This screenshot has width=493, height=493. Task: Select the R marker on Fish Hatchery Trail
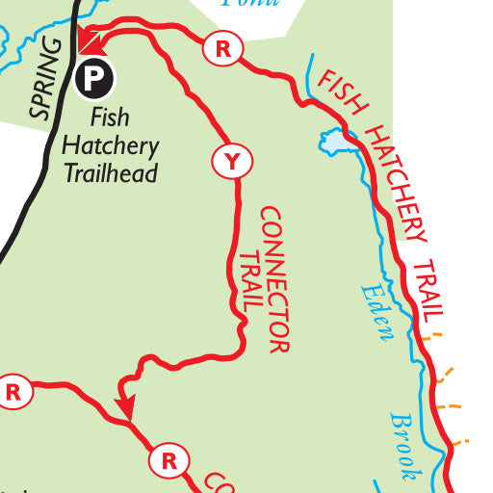click(x=223, y=49)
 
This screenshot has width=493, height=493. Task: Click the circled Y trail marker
click(x=231, y=162)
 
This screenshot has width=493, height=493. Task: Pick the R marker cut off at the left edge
click(x=13, y=392)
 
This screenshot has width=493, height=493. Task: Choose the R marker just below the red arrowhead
click(x=169, y=461)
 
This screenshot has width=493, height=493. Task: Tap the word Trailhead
click(x=110, y=173)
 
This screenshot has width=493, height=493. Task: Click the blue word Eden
click(x=377, y=311)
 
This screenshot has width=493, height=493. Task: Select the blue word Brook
click(x=405, y=445)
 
